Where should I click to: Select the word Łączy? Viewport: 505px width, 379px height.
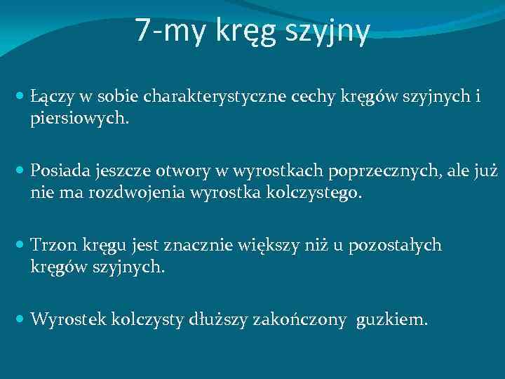click(x=49, y=98)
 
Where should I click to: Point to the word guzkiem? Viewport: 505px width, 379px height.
click(x=391, y=321)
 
